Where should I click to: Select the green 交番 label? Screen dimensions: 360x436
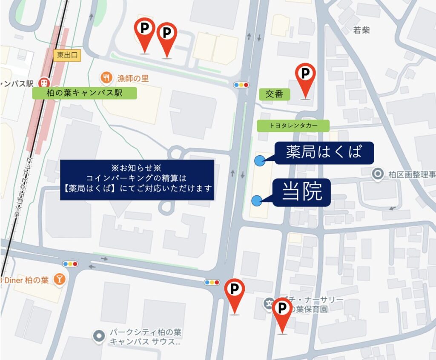point(274,94)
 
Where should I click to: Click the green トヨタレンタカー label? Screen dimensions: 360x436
point(293,126)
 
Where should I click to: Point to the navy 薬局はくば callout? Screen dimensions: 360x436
point(324,153)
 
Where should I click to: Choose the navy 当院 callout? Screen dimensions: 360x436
point(302,192)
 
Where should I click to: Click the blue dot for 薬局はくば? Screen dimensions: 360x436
point(259,160)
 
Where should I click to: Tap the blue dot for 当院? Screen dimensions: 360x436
point(257,201)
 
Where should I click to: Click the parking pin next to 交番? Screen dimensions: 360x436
point(305,74)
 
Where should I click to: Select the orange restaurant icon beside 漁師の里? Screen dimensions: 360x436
point(106,78)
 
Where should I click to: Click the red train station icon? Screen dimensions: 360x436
point(43,82)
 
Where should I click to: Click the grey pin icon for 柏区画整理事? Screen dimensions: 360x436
point(377,174)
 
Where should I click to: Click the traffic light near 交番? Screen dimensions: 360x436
point(241,85)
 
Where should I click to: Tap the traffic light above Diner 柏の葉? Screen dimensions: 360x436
point(70,264)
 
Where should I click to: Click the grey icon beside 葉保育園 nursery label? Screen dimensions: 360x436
point(269,304)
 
